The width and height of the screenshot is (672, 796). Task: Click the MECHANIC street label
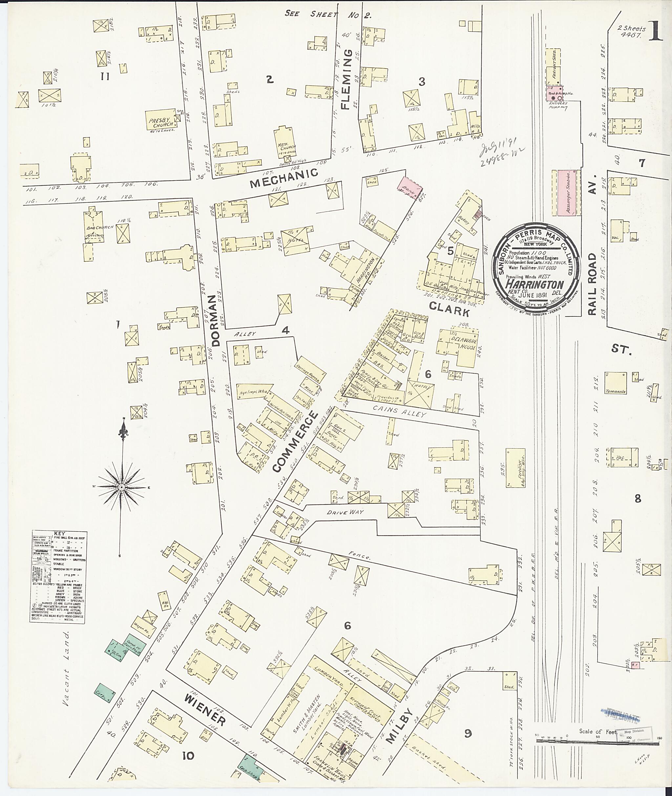coord(283,177)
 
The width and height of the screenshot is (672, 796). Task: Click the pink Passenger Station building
coord(569,193)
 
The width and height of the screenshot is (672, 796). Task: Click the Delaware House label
coord(463,342)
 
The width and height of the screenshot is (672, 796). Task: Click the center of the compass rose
coord(121,487)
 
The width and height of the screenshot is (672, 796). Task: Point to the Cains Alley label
coord(399,412)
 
